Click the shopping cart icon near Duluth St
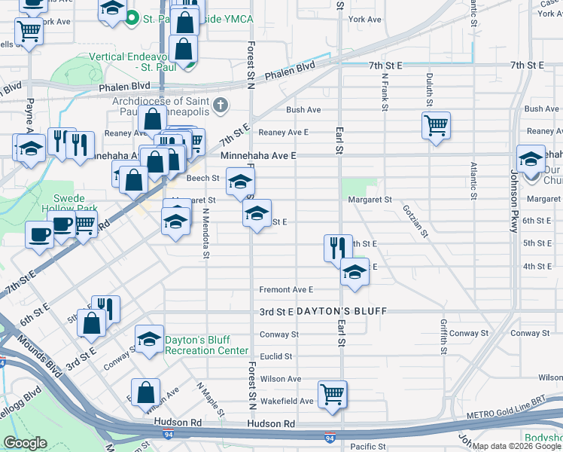(x=436, y=125)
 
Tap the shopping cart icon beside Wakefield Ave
(x=332, y=394)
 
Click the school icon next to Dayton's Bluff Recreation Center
(x=149, y=340)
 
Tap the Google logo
(x=25, y=443)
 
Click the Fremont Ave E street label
(x=285, y=289)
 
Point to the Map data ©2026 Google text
(x=517, y=446)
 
